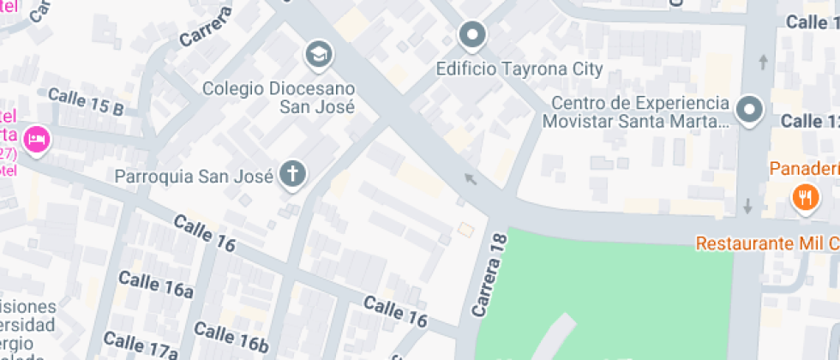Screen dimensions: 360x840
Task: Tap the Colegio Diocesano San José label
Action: (x=279, y=98)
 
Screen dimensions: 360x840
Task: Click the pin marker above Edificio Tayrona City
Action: (x=471, y=36)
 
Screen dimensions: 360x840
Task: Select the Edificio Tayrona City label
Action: (x=519, y=69)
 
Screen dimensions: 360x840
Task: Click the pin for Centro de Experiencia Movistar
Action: (x=750, y=111)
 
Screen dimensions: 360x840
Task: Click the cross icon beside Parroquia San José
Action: (x=293, y=176)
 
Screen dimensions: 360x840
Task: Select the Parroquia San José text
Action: (x=194, y=177)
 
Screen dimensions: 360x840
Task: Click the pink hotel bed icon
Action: (x=36, y=139)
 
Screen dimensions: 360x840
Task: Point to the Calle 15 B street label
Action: (x=86, y=102)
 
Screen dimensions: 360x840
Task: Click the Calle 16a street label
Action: (x=155, y=284)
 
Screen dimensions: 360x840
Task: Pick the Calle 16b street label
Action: (x=231, y=336)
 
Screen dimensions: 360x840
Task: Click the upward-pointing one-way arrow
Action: (x=763, y=63)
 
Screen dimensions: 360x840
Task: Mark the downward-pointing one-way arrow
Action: (x=748, y=206)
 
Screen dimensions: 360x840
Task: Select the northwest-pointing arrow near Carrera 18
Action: (x=469, y=178)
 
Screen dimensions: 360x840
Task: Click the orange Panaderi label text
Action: (x=804, y=168)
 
